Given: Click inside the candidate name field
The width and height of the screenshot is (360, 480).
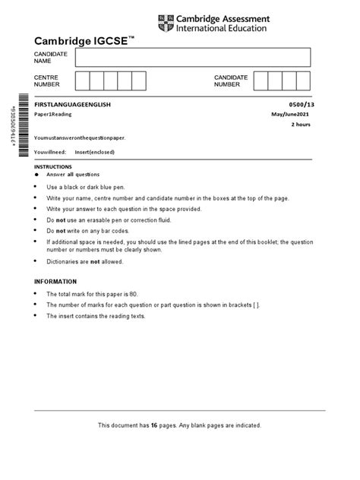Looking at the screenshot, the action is (193, 57).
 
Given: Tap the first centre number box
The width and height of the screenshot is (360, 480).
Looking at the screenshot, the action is (83, 81).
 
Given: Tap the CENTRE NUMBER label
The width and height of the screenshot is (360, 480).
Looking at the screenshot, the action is (46, 81).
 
